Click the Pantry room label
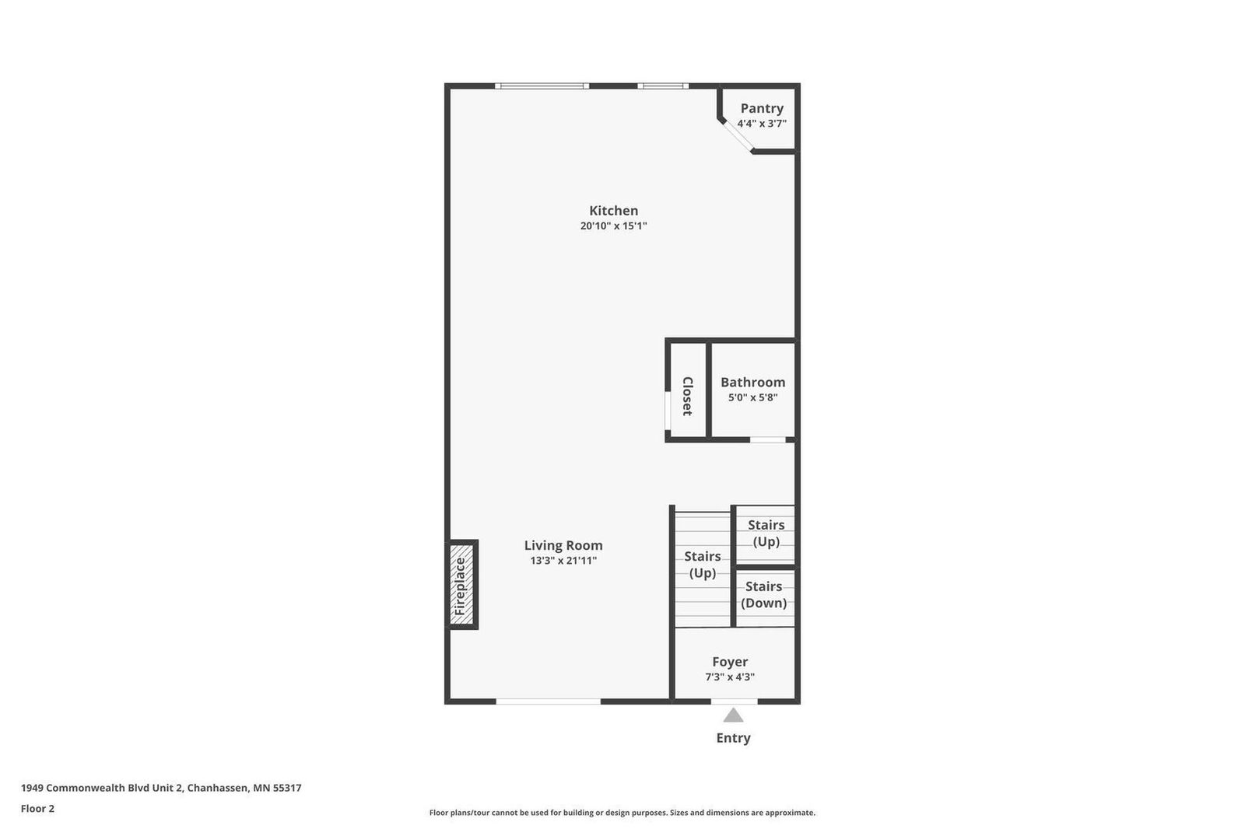click(762, 108)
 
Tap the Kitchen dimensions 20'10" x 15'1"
click(614, 226)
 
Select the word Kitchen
click(614, 211)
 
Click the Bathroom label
click(752, 383)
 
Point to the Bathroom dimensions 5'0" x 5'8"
click(752, 397)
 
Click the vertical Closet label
click(688, 396)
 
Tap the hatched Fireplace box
click(461, 585)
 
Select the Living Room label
click(563, 546)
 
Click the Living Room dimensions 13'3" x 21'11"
click(563, 561)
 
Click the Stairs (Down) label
click(763, 594)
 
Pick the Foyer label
click(730, 662)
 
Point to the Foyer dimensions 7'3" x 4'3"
click(730, 677)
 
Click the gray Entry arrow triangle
click(733, 715)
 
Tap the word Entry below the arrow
click(733, 738)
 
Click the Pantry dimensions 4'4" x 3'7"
click(762, 124)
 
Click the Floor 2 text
click(38, 809)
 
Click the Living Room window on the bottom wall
click(548, 701)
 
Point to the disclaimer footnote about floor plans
click(622, 813)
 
